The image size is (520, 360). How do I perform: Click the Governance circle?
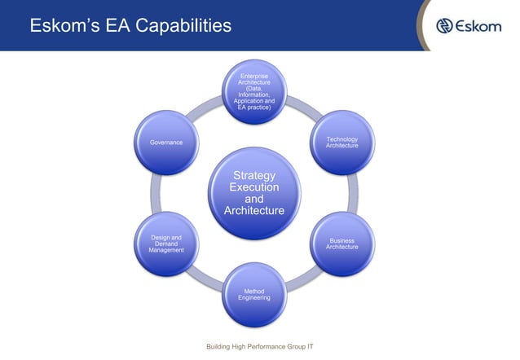(x=167, y=143)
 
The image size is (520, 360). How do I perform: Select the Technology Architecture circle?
(x=342, y=143)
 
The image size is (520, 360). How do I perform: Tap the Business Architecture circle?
(x=342, y=244)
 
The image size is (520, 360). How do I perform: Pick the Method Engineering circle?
(x=254, y=294)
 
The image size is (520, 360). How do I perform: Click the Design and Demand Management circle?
(x=167, y=244)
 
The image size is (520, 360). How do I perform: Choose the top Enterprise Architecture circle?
(x=254, y=91)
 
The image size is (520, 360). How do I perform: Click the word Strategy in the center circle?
(x=254, y=175)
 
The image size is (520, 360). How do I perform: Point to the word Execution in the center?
(x=254, y=187)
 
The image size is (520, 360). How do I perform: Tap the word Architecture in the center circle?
(x=254, y=211)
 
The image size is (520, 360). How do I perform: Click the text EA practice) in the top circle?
(x=254, y=108)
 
